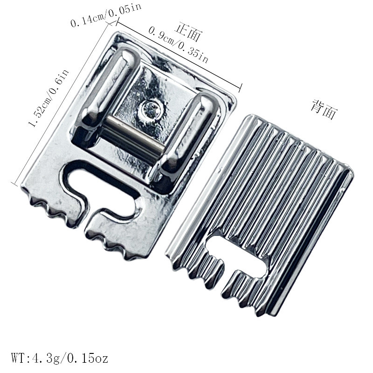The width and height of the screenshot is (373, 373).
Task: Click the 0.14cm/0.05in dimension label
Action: pyautogui.click(x=106, y=14)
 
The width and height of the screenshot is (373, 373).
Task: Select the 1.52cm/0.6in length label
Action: pyautogui.click(x=49, y=98)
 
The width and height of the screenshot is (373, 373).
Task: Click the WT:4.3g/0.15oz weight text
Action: pyautogui.click(x=60, y=358)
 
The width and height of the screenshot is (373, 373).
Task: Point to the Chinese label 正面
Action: pyautogui.click(x=188, y=32)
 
